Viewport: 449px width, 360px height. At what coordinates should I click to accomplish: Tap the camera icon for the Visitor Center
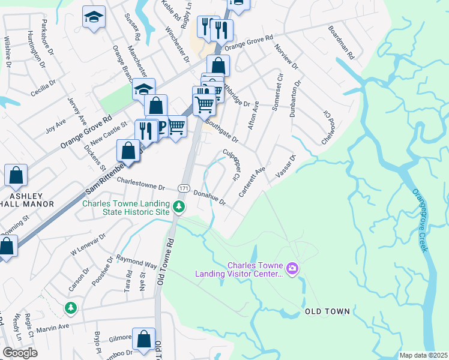click(292, 267)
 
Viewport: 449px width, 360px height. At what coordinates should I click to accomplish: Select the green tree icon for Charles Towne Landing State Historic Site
click(178, 207)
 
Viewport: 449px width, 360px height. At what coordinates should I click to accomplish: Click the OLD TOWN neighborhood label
click(327, 312)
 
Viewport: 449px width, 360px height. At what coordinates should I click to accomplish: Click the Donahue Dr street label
click(209, 197)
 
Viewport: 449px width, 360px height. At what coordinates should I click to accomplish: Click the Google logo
click(20, 353)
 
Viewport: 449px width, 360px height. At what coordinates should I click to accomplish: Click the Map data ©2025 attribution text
click(423, 355)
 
